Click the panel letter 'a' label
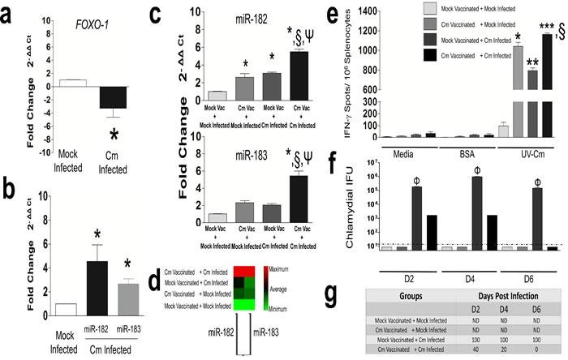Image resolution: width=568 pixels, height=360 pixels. (x=11, y=13)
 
